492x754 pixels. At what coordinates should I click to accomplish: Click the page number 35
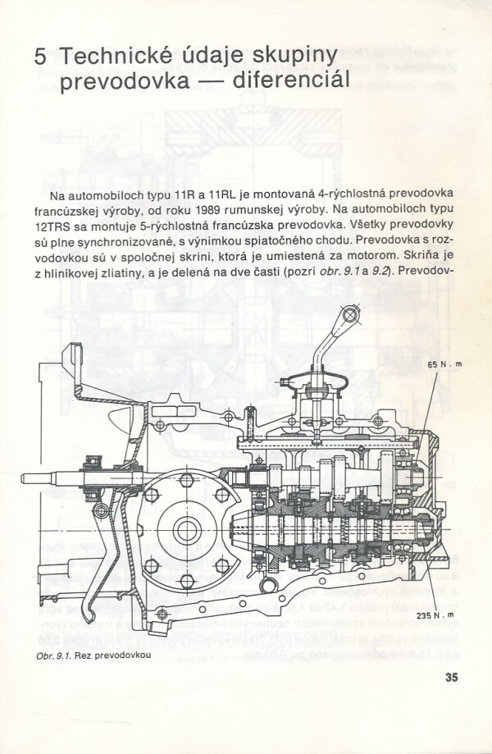451,677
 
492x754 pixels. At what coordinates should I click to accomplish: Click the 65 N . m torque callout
444,364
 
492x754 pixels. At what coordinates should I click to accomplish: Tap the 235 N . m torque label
435,615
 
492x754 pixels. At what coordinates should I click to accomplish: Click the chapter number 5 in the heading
40,57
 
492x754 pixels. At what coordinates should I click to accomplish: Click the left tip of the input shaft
22,479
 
